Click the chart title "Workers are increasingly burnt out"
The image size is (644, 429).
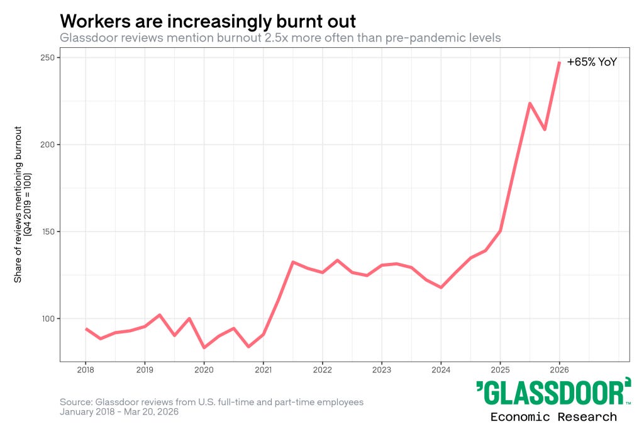click(x=208, y=21)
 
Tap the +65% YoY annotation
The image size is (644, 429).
click(x=592, y=62)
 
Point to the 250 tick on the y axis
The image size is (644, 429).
click(x=47, y=57)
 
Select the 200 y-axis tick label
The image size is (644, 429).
click(x=47, y=145)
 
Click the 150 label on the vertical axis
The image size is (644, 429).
click(x=47, y=231)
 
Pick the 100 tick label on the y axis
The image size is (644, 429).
click(x=47, y=319)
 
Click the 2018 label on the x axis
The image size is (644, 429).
click(x=86, y=370)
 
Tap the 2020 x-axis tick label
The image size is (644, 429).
click(x=204, y=370)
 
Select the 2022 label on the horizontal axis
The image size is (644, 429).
click(x=323, y=370)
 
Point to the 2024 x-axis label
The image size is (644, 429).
click(x=441, y=370)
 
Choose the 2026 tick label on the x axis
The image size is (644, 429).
click(x=559, y=370)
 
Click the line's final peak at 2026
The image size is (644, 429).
click(x=559, y=62)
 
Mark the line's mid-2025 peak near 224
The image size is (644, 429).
click(x=530, y=103)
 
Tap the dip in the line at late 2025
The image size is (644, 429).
click(x=545, y=130)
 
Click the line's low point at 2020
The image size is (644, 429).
click(x=204, y=347)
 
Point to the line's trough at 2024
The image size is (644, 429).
click(x=441, y=287)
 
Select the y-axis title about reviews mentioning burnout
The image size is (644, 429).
click(x=22, y=204)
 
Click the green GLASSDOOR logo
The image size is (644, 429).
click(x=553, y=393)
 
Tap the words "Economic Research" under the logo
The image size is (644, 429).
click(x=553, y=416)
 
